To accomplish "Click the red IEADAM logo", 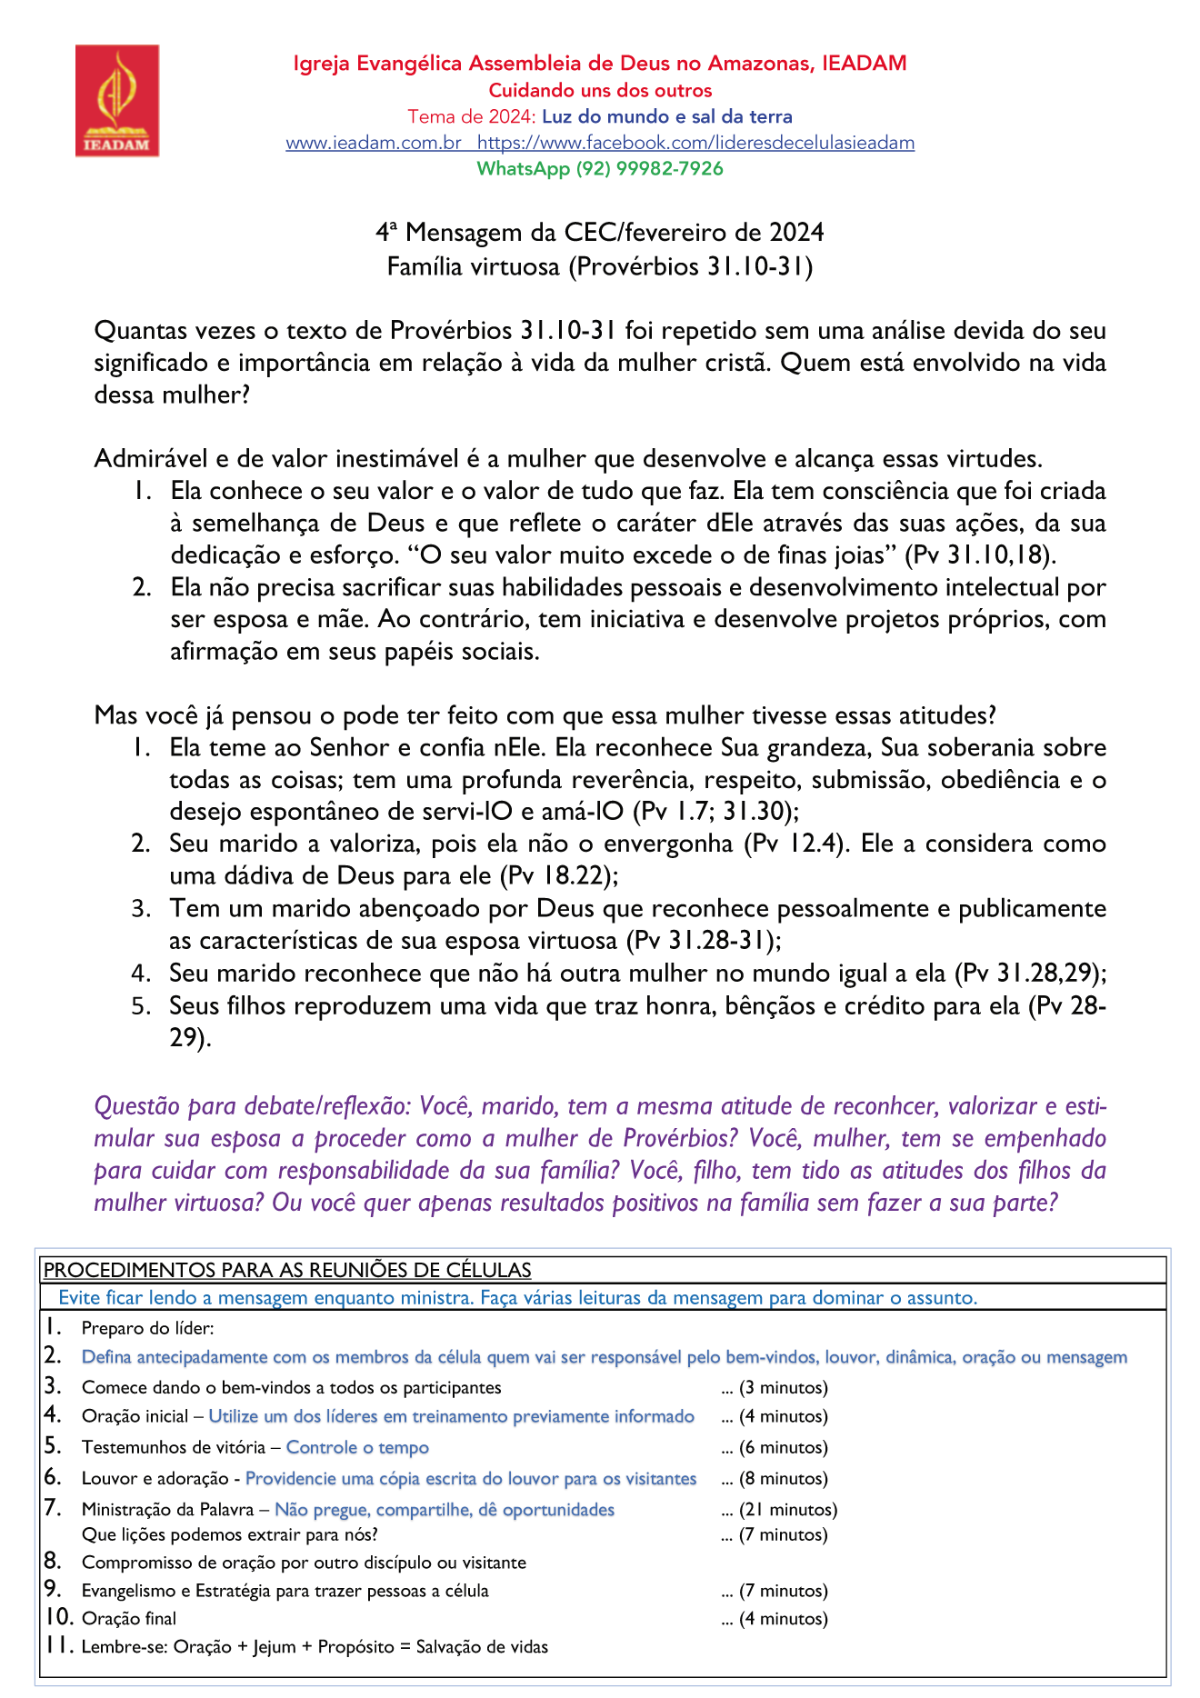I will [x=116, y=101].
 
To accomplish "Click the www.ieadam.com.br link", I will [x=374, y=143].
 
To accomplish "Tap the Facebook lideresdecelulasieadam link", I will [x=695, y=143].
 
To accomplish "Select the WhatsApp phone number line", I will [x=600, y=169].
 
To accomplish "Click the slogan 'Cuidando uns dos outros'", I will [x=600, y=91].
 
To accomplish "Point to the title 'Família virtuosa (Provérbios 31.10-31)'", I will [x=600, y=267].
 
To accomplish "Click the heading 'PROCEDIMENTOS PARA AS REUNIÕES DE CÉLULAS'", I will [x=287, y=1270].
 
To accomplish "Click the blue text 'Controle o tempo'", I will [x=357, y=1448].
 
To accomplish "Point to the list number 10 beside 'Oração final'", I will [x=59, y=1618].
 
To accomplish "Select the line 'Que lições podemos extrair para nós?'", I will [x=229, y=1535].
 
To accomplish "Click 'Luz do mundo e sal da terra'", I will [x=667, y=117].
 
